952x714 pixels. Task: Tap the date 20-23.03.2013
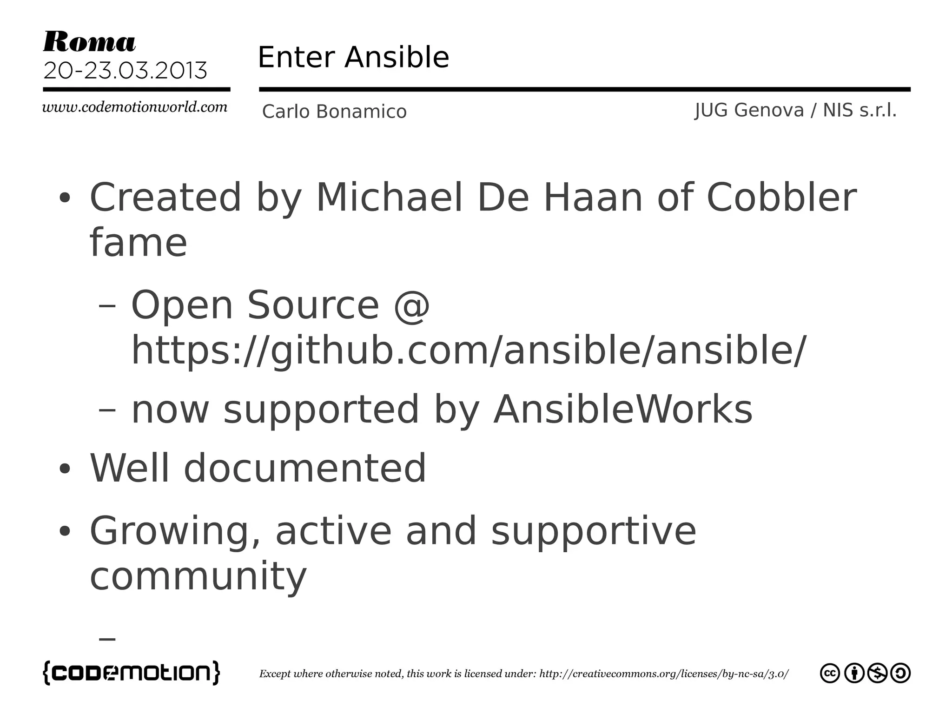[125, 71]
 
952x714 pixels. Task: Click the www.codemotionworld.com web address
[135, 107]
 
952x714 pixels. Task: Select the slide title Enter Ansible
[353, 57]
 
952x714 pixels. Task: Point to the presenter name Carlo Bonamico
[334, 112]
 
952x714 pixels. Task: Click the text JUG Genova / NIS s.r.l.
[795, 111]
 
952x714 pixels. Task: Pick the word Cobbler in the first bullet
[781, 197]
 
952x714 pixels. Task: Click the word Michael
[389, 197]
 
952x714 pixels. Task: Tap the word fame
[138, 242]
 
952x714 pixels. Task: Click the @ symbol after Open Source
[411, 305]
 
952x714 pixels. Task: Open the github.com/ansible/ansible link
[469, 350]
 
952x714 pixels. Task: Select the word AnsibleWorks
[622, 409]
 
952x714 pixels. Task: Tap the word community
[198, 576]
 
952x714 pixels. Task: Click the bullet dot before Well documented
[65, 469]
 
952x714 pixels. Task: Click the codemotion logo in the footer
[132, 673]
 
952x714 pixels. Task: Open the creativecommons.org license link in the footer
[663, 674]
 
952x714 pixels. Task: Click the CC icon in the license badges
[830, 673]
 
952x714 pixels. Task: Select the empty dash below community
[107, 639]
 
